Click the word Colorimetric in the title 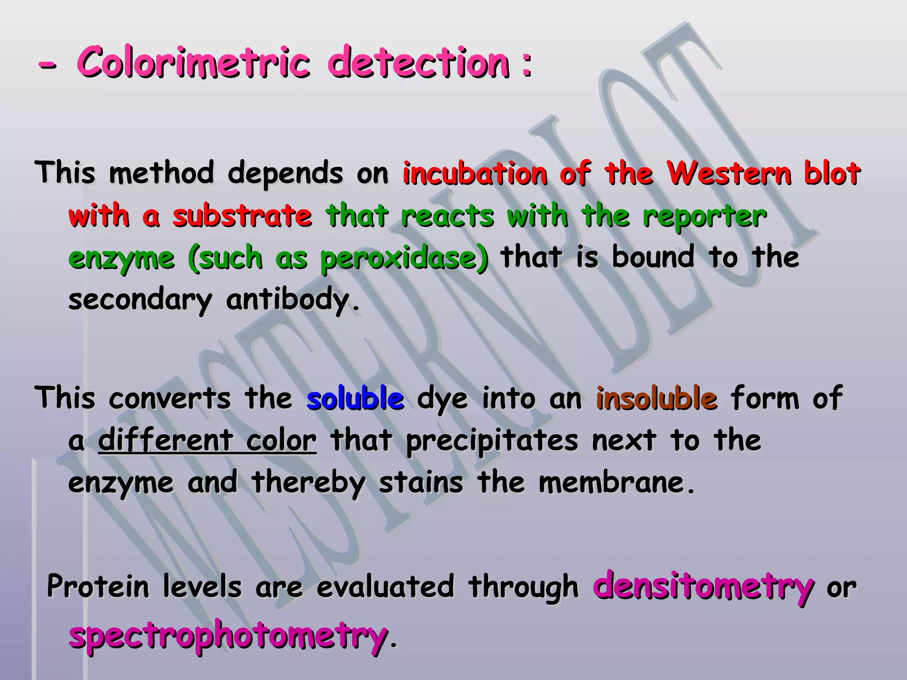pos(193,62)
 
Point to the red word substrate pos(242,216)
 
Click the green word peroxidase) pos(404,258)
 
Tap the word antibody pos(288,300)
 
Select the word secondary pos(140,300)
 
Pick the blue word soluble pos(355,398)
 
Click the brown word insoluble pos(656,398)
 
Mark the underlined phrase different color pos(207,441)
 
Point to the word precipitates pos(492,441)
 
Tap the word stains pos(421,483)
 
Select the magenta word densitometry pos(703,587)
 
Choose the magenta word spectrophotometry pos(228,636)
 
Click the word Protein pos(98,586)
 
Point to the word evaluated pos(385,586)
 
